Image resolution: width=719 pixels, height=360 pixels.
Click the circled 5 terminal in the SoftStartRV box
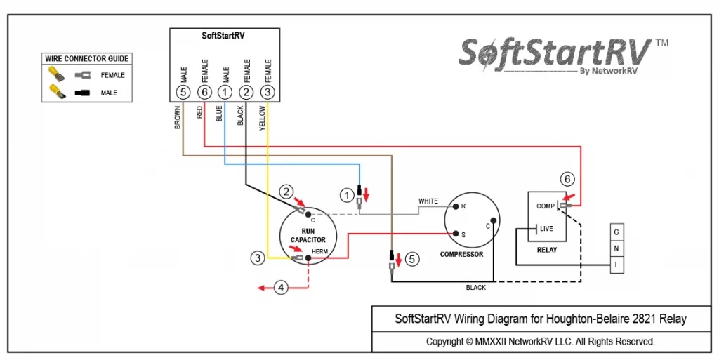click(x=183, y=93)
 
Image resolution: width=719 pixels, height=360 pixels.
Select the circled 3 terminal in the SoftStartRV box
click(x=268, y=93)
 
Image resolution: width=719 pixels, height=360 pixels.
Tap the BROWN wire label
click(x=178, y=117)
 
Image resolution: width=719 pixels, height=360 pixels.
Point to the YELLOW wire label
click(x=263, y=118)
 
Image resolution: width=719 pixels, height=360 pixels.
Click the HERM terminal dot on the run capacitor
click(x=309, y=258)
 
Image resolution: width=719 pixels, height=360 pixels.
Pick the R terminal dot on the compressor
click(x=456, y=206)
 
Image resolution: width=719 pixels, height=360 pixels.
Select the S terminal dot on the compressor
click(x=456, y=234)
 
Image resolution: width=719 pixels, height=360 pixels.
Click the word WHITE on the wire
click(x=428, y=201)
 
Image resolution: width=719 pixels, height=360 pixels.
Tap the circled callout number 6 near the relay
click(x=567, y=179)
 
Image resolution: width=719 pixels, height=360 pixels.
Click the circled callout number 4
click(x=281, y=288)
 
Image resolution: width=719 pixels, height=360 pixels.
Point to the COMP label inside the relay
click(x=545, y=206)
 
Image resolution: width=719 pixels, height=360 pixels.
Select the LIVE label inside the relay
click(x=546, y=229)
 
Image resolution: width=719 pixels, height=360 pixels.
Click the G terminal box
click(x=616, y=232)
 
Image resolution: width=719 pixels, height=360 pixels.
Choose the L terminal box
click(x=616, y=265)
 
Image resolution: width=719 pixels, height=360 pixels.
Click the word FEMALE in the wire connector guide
click(x=113, y=75)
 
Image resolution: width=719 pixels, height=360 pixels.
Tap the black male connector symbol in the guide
click(x=83, y=93)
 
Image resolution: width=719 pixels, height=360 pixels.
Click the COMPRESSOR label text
click(x=461, y=254)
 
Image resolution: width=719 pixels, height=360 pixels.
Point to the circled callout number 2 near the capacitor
click(x=286, y=191)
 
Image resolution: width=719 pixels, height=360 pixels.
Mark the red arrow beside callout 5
click(x=398, y=259)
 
